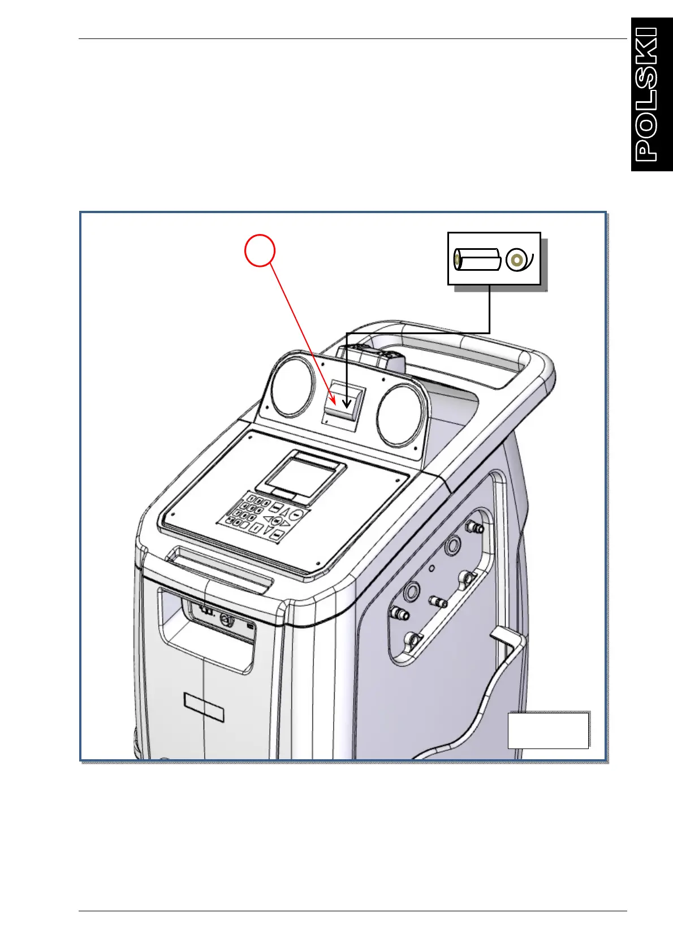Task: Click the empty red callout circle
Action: [260, 250]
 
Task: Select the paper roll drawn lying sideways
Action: [478, 260]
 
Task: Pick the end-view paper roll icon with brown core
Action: [516, 260]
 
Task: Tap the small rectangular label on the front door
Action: [204, 707]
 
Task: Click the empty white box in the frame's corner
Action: [548, 730]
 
